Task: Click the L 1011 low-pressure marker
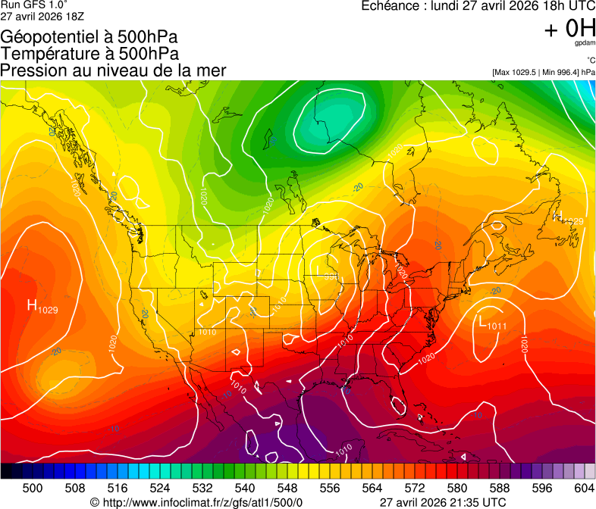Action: point(493,323)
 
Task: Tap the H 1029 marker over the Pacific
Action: point(42,307)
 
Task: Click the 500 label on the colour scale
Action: point(33,488)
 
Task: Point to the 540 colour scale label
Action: point(245,488)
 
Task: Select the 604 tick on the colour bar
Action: point(584,488)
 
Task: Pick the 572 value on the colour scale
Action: point(415,488)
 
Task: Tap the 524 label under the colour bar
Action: point(160,488)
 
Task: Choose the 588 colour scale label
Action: point(499,488)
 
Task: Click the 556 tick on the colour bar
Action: point(330,488)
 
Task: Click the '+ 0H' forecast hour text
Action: point(569,29)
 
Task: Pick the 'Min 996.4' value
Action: point(560,72)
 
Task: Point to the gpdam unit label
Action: point(584,44)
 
